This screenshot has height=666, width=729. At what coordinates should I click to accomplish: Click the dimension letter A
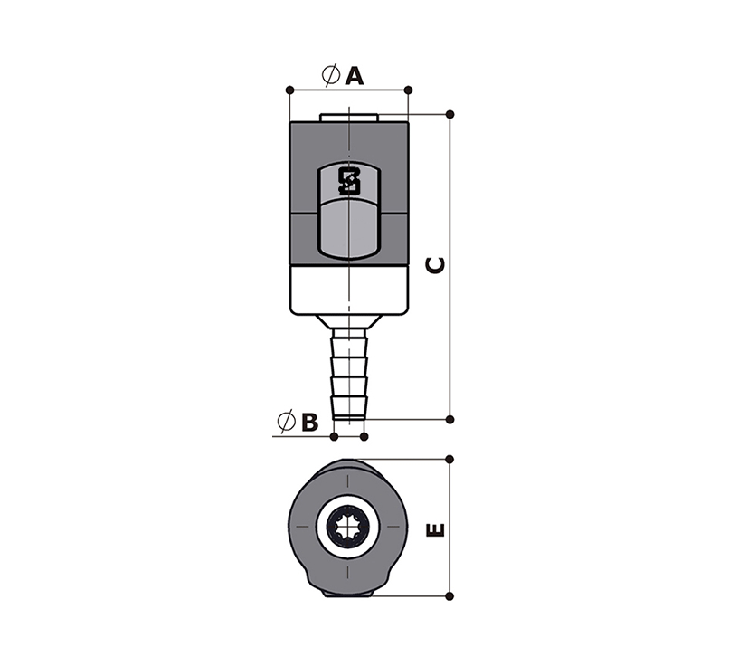click(x=355, y=76)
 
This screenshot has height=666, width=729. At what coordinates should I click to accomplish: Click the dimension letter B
click(x=310, y=423)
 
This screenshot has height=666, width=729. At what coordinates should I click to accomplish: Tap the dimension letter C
click(x=436, y=265)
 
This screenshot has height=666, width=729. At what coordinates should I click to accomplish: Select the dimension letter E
click(x=436, y=529)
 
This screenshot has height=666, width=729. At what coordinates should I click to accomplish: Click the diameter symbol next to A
click(x=330, y=75)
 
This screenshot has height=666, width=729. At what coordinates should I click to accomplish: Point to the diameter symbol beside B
click(x=286, y=422)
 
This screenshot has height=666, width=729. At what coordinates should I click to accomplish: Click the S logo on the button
click(x=349, y=181)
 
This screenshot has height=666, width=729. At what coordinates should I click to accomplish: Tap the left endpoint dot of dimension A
click(x=289, y=90)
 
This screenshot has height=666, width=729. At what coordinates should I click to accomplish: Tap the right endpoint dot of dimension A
click(x=408, y=90)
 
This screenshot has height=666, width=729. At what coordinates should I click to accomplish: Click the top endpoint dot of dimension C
click(x=450, y=114)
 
